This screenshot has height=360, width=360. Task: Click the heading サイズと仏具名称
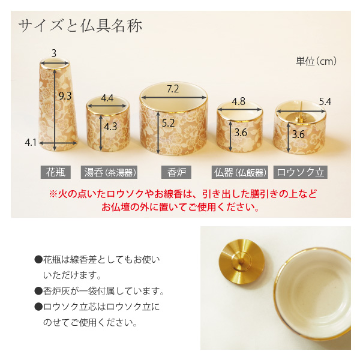80,26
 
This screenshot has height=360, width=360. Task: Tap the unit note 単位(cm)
316,61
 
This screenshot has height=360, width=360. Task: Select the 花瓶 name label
56,172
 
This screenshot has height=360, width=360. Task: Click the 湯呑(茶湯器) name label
109,172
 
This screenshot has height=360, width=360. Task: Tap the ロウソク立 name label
300,172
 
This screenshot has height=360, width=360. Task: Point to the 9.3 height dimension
65,95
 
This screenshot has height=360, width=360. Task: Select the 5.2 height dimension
169,122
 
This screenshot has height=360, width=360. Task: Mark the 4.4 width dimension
108,98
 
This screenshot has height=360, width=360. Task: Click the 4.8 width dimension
239,101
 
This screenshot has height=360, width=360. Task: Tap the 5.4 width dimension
325,101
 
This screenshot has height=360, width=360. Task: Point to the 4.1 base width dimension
31,142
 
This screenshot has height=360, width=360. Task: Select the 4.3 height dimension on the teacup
111,127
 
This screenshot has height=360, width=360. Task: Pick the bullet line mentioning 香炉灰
99,292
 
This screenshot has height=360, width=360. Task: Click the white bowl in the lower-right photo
320,294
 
